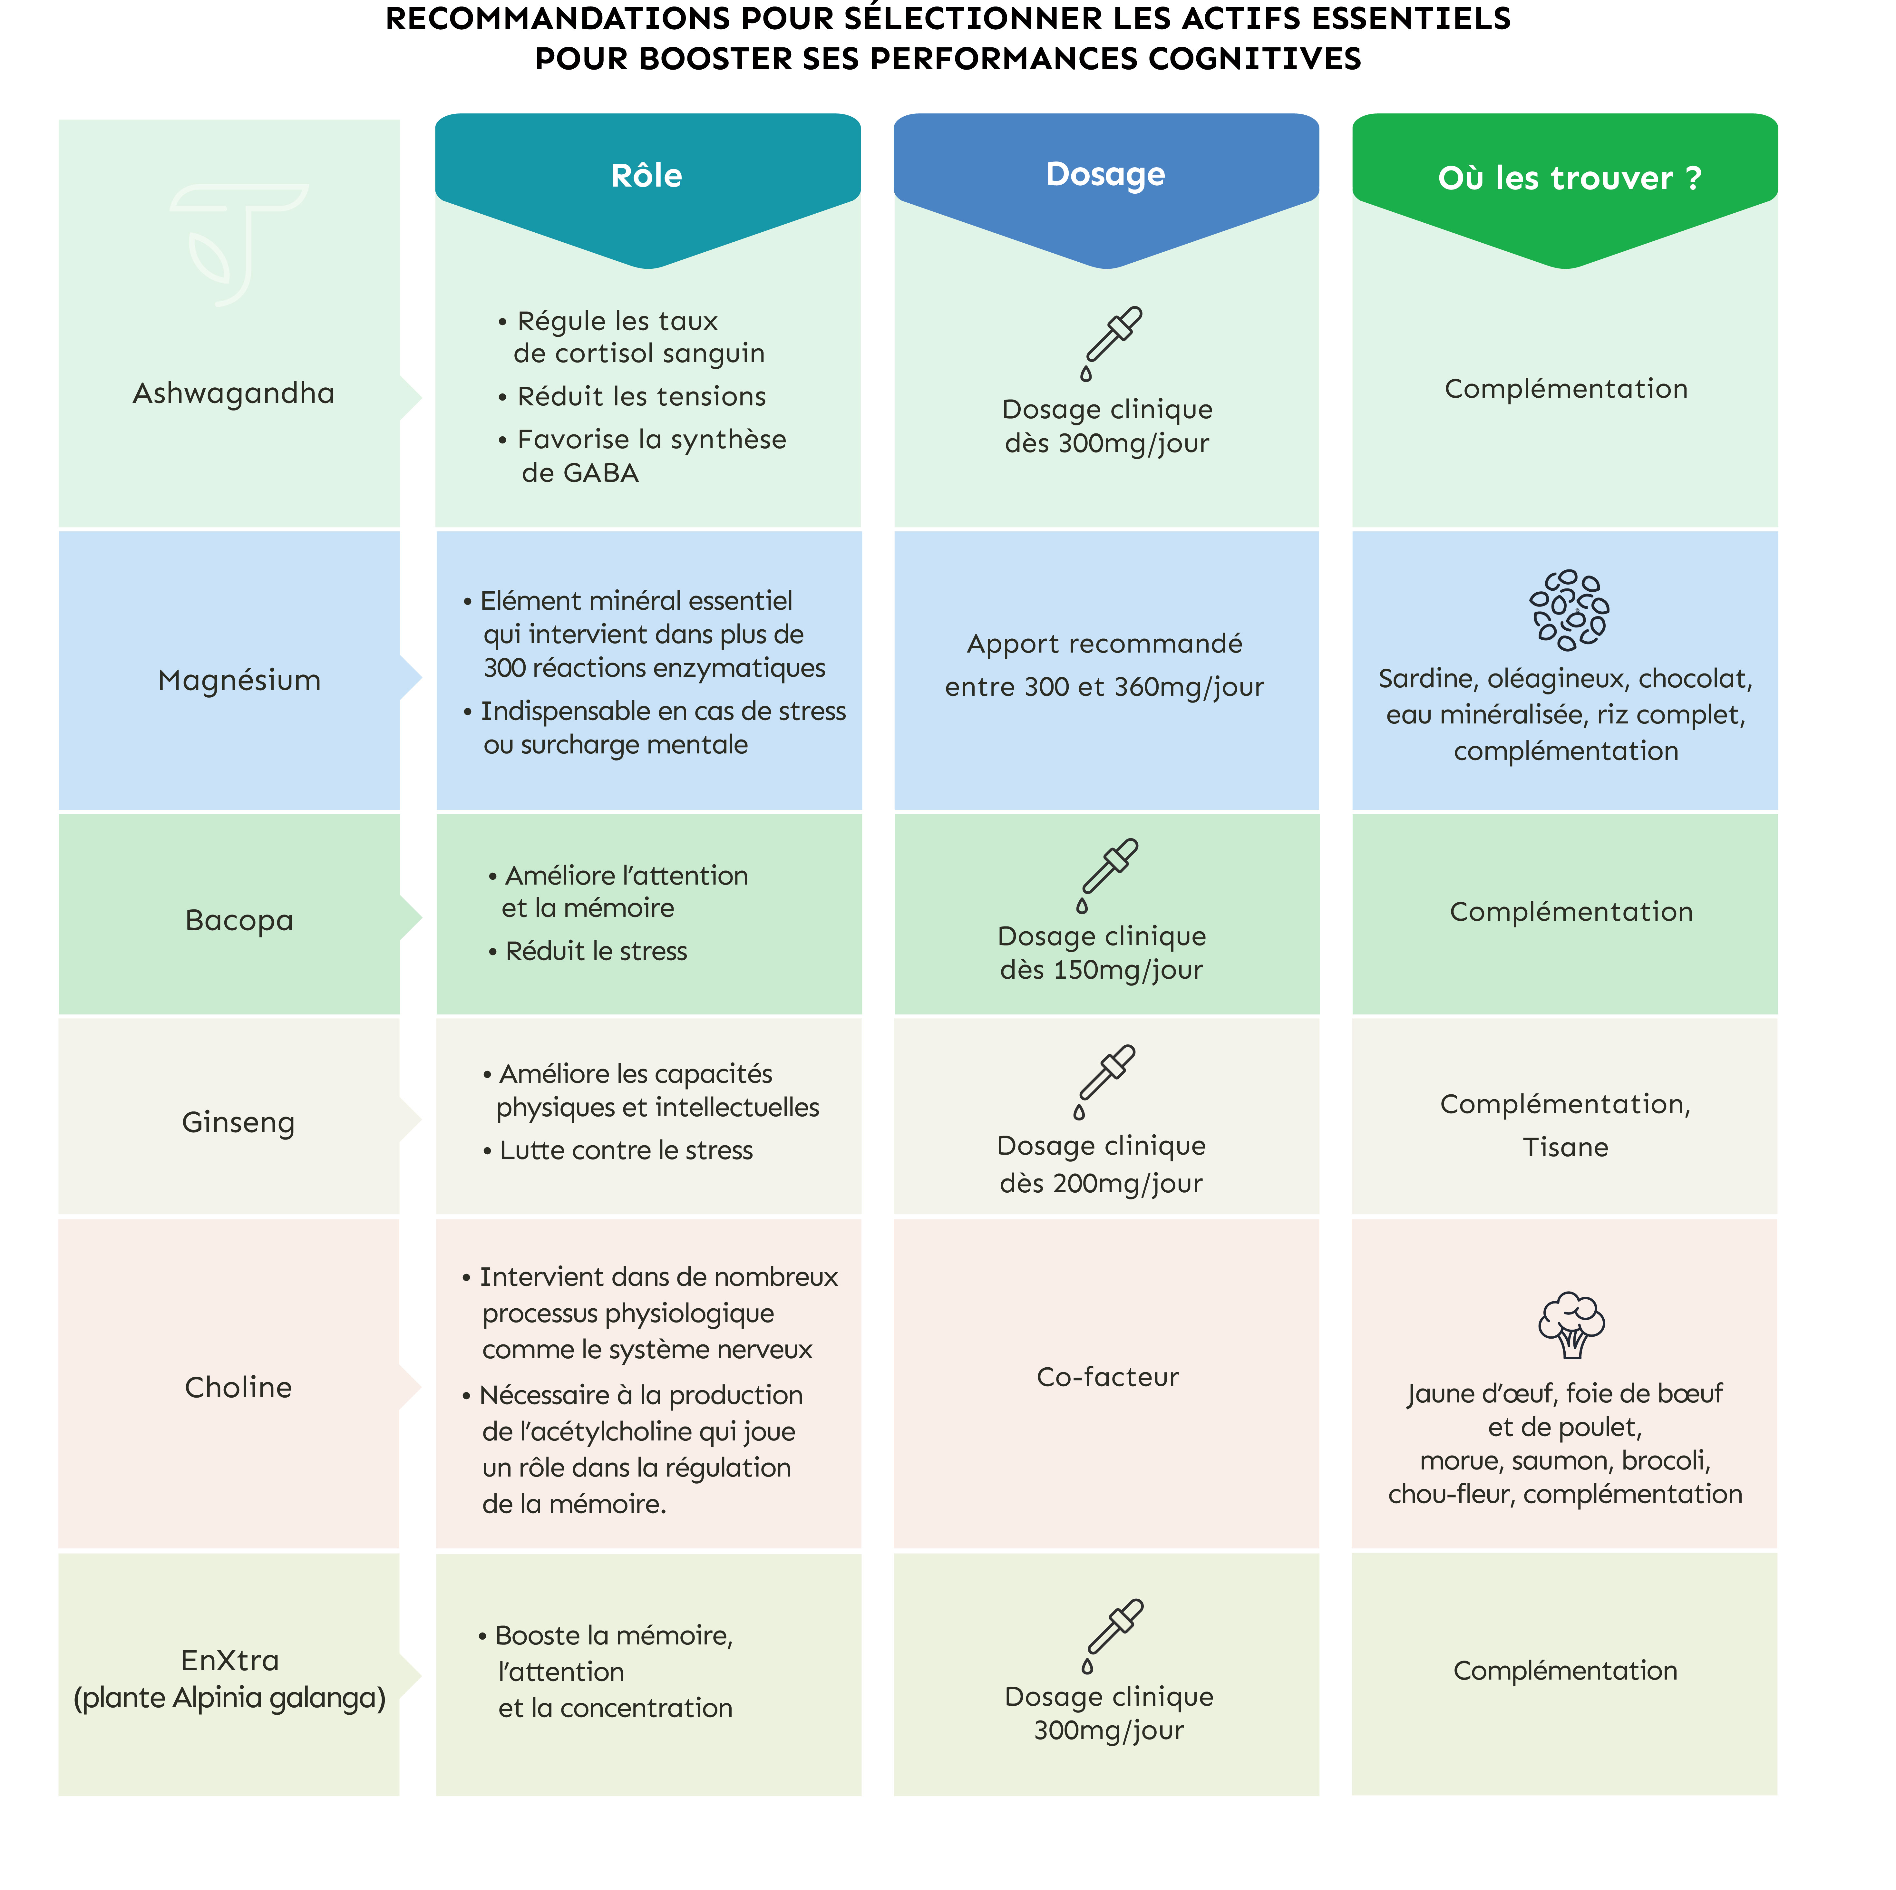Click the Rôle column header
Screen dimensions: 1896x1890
[x=647, y=176]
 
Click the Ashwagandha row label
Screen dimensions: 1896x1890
[x=234, y=393]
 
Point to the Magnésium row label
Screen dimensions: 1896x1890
[x=239, y=680]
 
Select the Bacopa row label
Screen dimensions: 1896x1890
[x=239, y=920]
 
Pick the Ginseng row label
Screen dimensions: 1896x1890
[x=238, y=1122]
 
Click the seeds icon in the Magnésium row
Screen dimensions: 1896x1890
[x=1569, y=609]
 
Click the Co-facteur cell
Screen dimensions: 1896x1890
[x=1108, y=1377]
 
